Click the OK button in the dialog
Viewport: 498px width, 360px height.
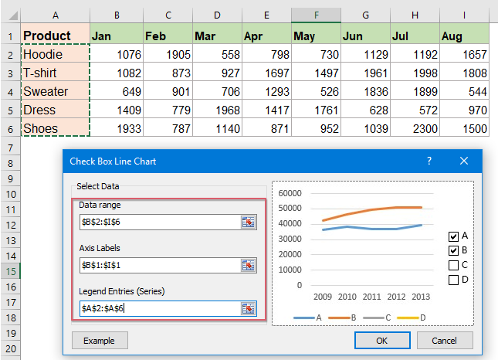coord(382,340)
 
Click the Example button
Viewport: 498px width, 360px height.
coord(100,340)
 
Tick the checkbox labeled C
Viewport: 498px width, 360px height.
coord(453,265)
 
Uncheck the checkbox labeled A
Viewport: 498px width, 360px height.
coord(453,236)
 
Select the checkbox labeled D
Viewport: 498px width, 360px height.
coord(453,280)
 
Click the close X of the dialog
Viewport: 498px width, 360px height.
coord(464,161)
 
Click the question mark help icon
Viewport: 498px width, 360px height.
coord(429,161)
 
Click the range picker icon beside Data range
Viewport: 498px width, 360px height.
coord(248,222)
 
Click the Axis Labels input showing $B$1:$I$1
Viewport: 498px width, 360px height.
coord(158,265)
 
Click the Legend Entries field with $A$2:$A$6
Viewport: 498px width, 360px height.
coord(158,308)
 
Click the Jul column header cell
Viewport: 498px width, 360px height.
coord(414,36)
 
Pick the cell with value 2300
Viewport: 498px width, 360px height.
coord(414,128)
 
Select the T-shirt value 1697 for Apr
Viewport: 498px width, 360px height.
coord(266,73)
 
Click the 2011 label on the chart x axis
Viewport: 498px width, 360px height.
coord(371,297)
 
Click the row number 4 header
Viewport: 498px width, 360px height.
coord(10,92)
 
